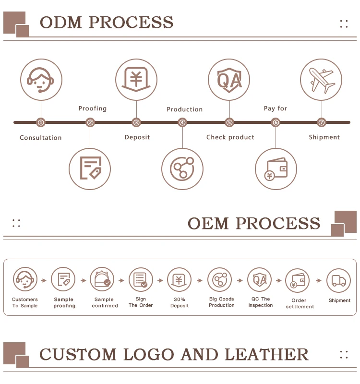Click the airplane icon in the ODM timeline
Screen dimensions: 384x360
[x=321, y=80]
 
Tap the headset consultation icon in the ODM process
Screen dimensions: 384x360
[x=41, y=80]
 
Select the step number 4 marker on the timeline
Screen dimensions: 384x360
[x=182, y=122]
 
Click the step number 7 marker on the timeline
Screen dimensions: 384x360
[x=322, y=122]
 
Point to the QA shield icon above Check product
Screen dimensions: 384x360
[x=229, y=80]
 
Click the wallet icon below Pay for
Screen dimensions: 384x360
[x=276, y=169]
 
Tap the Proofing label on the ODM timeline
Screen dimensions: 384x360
[x=93, y=108]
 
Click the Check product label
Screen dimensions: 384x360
[x=230, y=137]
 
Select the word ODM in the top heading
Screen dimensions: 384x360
[x=61, y=23]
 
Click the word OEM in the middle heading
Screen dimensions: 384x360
[x=208, y=224]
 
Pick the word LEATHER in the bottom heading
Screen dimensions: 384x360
[x=266, y=355]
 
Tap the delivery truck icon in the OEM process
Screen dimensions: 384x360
[x=338, y=280]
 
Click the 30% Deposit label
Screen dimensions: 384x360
[x=179, y=302]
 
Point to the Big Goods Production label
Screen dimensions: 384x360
[x=221, y=302]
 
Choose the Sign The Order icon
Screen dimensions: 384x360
[x=141, y=279]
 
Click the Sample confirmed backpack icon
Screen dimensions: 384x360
[x=102, y=279]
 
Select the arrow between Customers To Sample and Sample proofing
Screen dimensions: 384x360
[x=44, y=280]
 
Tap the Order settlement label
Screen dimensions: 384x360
[x=300, y=303]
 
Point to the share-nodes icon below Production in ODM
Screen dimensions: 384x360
[x=182, y=169]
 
